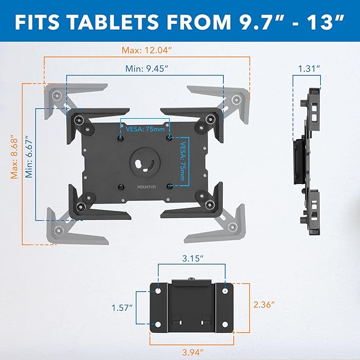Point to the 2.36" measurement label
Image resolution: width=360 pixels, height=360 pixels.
coord(263,304)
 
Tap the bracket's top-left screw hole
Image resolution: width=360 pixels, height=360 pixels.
coord(158,291)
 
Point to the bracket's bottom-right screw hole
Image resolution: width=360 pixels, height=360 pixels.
coord(225,324)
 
